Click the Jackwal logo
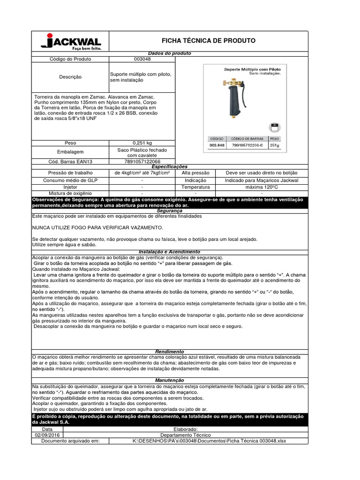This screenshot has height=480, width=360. (x=70, y=42)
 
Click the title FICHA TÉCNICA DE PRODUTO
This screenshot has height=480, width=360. (x=209, y=41)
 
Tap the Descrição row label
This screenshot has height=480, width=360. (x=70, y=77)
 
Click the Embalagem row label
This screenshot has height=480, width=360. (x=70, y=152)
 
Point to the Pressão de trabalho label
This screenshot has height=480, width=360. (x=70, y=173)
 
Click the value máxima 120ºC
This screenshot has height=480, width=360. (x=262, y=187)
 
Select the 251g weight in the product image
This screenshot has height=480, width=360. (x=274, y=146)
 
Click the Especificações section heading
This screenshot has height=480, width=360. (x=170, y=166)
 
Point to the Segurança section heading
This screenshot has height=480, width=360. (x=170, y=211)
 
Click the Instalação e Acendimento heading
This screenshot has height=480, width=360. (x=170, y=252)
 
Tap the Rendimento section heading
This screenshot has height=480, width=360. (x=170, y=352)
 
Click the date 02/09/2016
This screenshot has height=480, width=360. (x=47, y=435)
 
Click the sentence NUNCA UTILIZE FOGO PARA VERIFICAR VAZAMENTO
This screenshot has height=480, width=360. (x=97, y=227)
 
